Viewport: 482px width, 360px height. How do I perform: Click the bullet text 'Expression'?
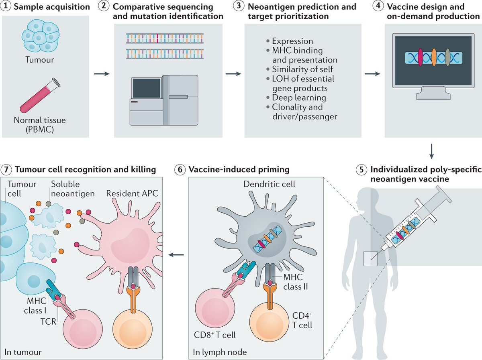click(x=292, y=41)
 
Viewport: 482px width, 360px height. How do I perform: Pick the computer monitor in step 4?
click(x=433, y=64)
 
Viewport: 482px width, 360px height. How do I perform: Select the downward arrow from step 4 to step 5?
click(x=431, y=151)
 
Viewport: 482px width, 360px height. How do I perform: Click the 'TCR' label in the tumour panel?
click(x=51, y=321)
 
